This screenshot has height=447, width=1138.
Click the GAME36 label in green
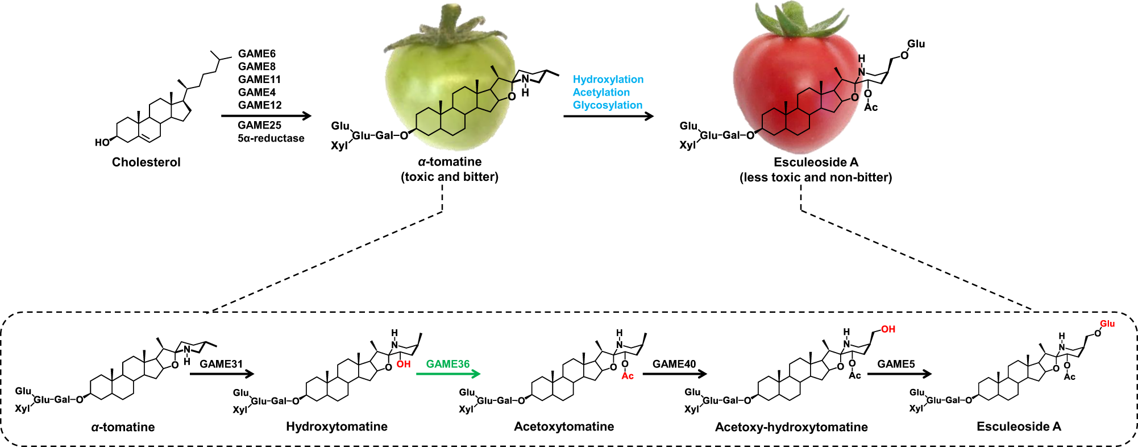pyautogui.click(x=447, y=364)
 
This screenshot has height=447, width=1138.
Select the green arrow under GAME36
pyautogui.click(x=448, y=374)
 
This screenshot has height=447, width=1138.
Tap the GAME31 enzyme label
pyautogui.click(x=221, y=364)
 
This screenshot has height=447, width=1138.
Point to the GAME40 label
pyautogui.click(x=674, y=364)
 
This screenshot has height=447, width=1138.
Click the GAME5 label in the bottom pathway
pyautogui.click(x=896, y=364)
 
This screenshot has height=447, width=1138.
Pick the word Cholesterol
pyautogui.click(x=146, y=162)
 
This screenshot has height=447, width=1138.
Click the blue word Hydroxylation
pyautogui.click(x=608, y=80)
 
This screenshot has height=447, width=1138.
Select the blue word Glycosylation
pyautogui.click(x=607, y=105)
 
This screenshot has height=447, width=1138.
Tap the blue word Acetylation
pyautogui.click(x=601, y=92)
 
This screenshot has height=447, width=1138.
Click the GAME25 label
pyautogui.click(x=259, y=125)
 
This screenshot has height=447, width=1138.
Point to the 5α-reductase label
pyautogui.click(x=271, y=138)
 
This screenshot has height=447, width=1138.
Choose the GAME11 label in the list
pyautogui.click(x=259, y=80)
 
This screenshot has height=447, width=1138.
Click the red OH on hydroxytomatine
pyautogui.click(x=404, y=364)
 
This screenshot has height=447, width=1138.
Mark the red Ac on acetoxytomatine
pyautogui.click(x=628, y=376)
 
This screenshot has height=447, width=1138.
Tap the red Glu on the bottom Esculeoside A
pyautogui.click(x=1107, y=324)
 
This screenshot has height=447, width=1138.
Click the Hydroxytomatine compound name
pyautogui.click(x=337, y=427)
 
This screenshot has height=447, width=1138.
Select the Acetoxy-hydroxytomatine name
pyautogui.click(x=791, y=427)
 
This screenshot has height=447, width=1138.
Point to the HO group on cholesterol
pyautogui.click(x=102, y=142)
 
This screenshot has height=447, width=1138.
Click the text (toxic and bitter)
pyautogui.click(x=450, y=177)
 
